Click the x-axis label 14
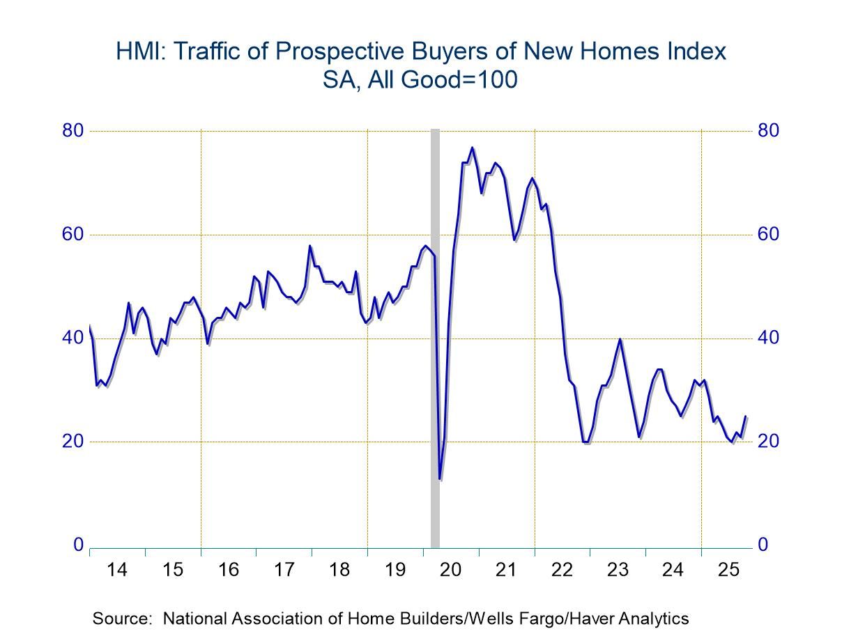(x=117, y=570)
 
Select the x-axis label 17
(x=284, y=570)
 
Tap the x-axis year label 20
(x=450, y=570)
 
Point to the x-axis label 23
(x=618, y=570)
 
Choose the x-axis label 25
(x=728, y=570)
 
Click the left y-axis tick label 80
(x=74, y=131)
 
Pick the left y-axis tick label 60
(x=74, y=235)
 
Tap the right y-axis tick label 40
(x=768, y=338)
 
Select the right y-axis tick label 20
(x=768, y=442)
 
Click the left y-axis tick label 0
(x=79, y=545)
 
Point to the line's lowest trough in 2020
(x=439, y=478)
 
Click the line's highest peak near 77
(x=472, y=148)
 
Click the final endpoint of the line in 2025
(x=746, y=416)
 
